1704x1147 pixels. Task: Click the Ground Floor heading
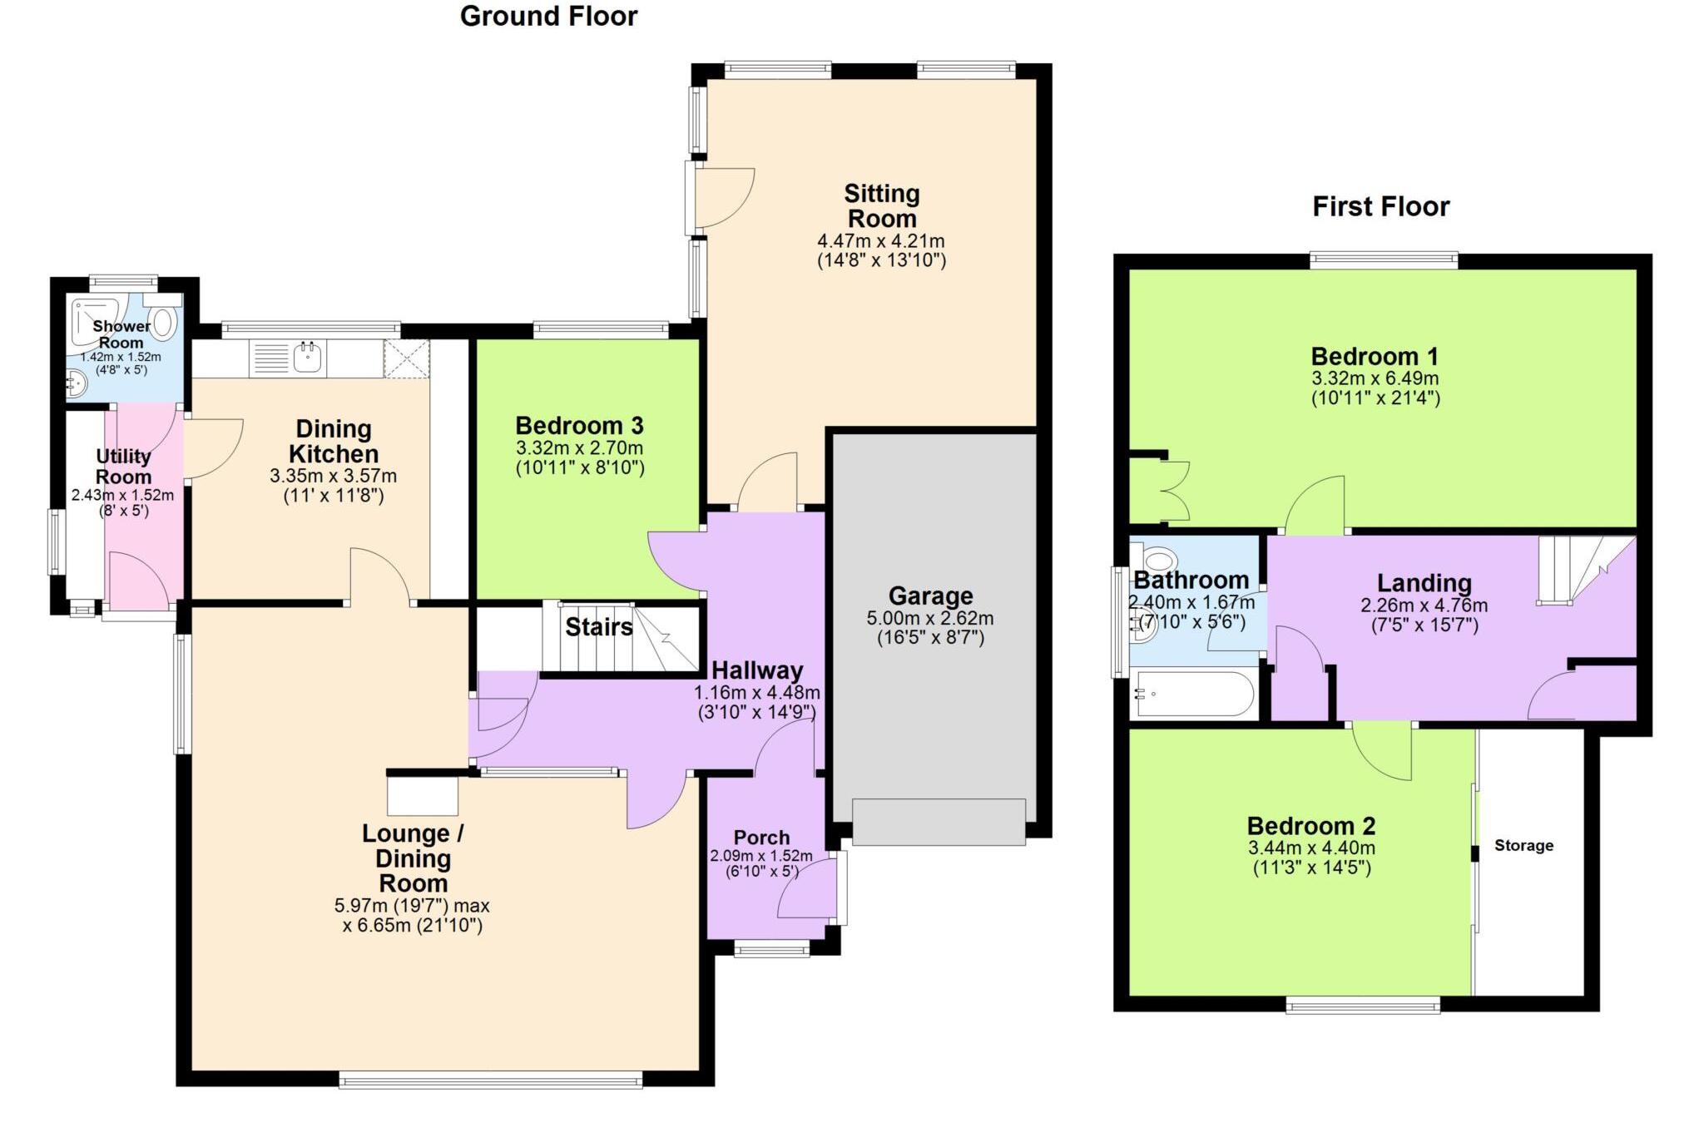548,17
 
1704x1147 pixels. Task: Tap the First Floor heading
1380,206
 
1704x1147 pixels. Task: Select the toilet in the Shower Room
165,321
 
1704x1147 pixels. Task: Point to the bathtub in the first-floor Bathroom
1194,694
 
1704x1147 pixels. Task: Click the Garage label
930,596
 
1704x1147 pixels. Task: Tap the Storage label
1523,845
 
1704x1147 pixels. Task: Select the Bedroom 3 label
579,426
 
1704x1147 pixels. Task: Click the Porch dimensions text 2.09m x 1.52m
760,856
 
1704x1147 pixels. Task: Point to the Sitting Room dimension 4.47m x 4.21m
881,241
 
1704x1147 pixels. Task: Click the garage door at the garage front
939,822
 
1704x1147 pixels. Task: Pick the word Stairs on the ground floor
598,626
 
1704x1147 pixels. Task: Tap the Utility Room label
123,467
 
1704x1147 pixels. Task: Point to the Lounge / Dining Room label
413,858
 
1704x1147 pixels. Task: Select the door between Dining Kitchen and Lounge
379,574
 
